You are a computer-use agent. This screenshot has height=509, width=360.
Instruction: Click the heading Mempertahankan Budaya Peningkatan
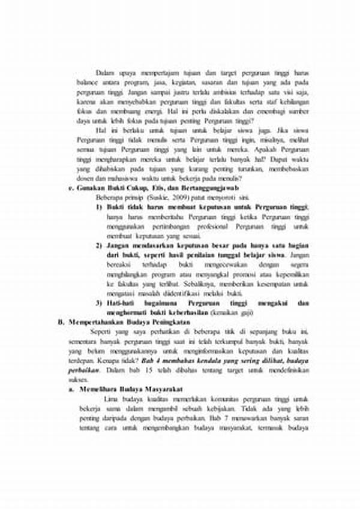(x=120, y=322)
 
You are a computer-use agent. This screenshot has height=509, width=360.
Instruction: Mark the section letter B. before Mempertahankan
(x=61, y=322)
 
